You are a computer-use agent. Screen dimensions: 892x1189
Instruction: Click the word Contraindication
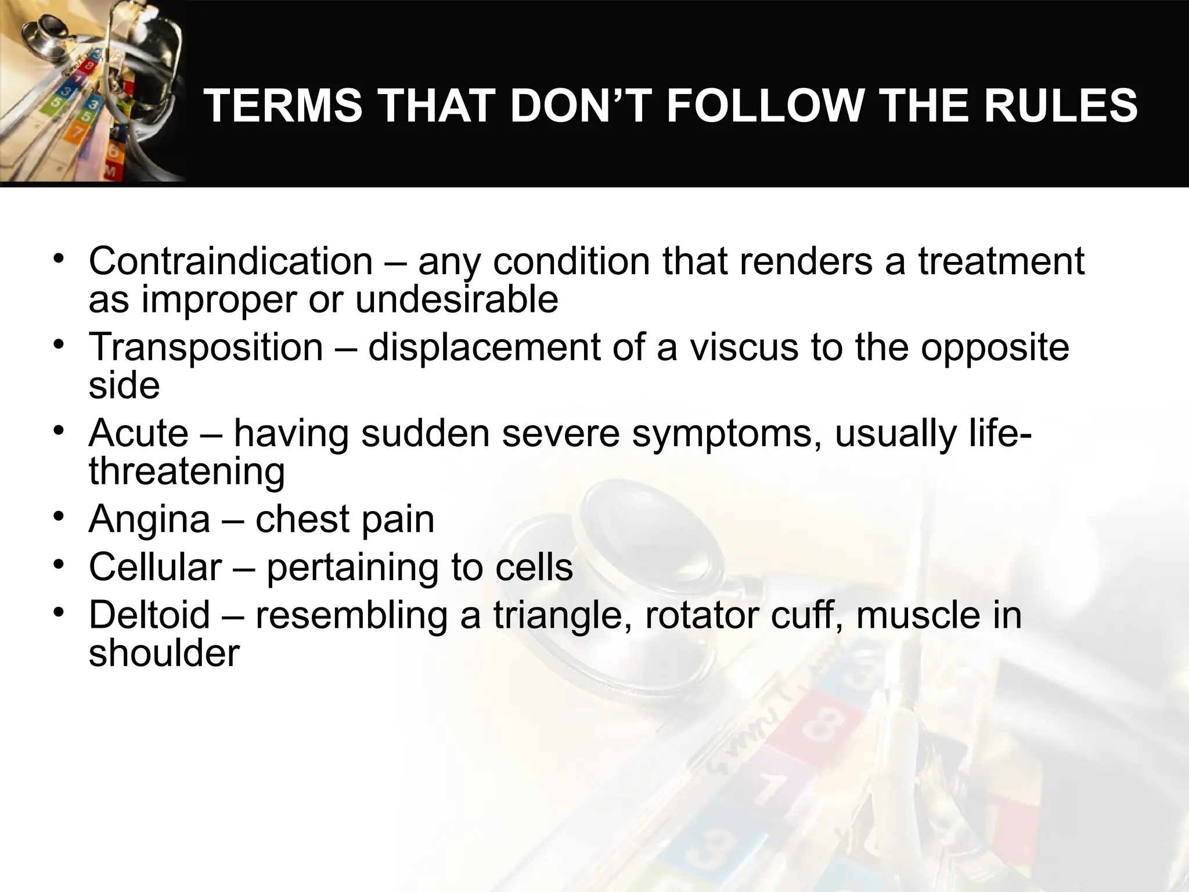pos(230,261)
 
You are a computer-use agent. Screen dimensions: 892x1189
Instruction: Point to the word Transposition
pos(206,347)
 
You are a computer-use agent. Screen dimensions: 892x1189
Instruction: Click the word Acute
pos(139,433)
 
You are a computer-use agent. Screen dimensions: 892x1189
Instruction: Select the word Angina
pos(149,519)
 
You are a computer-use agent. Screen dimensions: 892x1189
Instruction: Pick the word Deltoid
pos(149,615)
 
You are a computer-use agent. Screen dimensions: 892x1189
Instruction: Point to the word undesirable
pos(456,300)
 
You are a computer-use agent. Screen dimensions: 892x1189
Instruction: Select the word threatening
pos(187,472)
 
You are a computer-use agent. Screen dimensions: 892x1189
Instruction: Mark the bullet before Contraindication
pos(57,258)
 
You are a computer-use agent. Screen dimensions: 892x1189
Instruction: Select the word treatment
pos(1000,261)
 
